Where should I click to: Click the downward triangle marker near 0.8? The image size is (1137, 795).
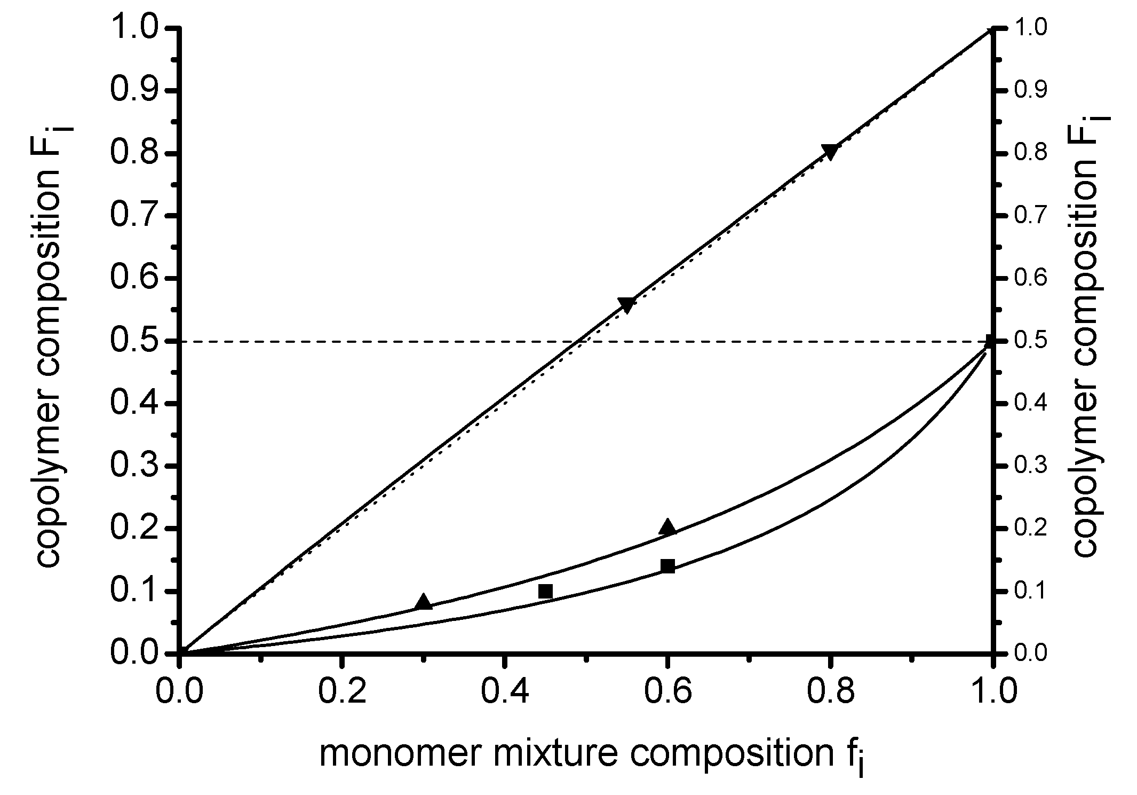point(830,151)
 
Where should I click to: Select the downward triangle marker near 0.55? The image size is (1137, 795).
point(626,304)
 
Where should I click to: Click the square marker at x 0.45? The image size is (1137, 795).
point(545,591)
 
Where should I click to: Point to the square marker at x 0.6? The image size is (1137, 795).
point(667,566)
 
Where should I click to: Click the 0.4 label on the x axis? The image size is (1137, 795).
point(505,691)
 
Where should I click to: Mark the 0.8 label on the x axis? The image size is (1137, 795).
point(830,691)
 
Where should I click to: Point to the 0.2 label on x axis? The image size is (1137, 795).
point(342,691)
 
